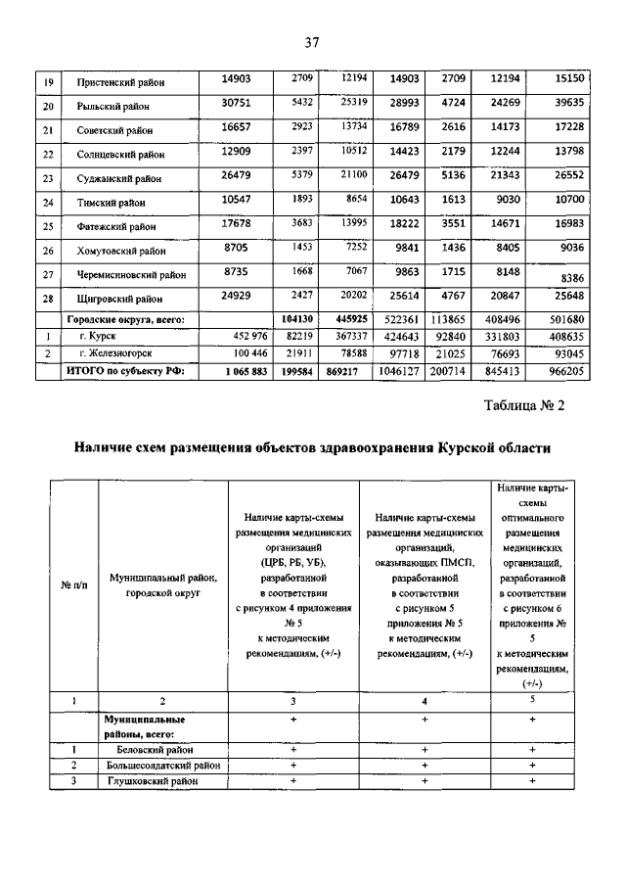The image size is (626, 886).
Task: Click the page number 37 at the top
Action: point(312,42)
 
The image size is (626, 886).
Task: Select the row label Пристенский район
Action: point(121,81)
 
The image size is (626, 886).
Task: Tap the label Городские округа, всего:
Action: point(125,319)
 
